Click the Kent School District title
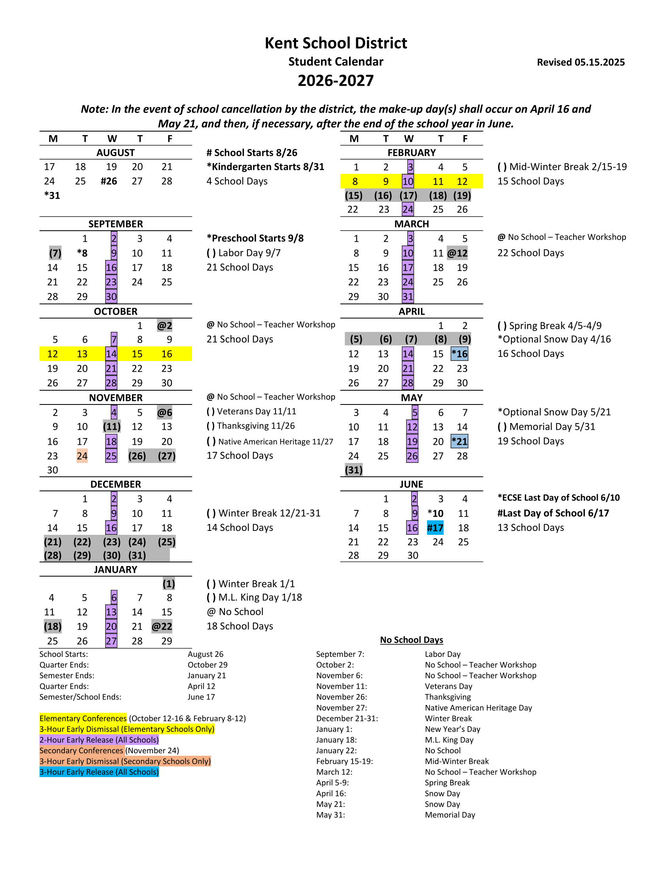tap(336, 43)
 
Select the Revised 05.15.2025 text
tap(580, 62)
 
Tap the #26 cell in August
tap(109, 181)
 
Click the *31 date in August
tap(52, 196)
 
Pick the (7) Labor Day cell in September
tap(55, 253)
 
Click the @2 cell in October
tap(164, 326)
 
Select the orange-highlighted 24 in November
tap(82, 456)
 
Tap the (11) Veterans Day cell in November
tap(111, 427)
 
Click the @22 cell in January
tap(162, 627)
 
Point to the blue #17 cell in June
tap(435, 528)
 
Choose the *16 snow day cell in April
tap(459, 354)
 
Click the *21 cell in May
tap(459, 442)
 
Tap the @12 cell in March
tap(457, 253)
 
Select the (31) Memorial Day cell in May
tap(353, 470)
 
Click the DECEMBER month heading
tap(115, 484)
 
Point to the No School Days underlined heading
tap(411, 640)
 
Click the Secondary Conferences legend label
tap(81, 750)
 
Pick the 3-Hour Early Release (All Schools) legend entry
tap(99, 772)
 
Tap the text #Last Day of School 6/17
tap(553, 513)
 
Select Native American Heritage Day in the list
tap(478, 708)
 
